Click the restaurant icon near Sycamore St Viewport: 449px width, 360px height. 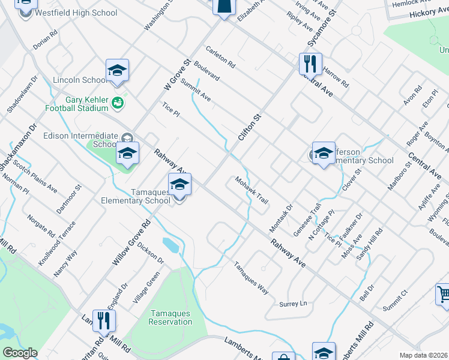(310, 62)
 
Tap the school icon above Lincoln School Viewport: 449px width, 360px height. (118, 70)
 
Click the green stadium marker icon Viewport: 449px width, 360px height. (118, 103)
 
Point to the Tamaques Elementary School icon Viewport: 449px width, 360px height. (179, 184)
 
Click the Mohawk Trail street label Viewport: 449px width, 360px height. (252, 190)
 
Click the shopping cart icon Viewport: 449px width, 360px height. (444, 295)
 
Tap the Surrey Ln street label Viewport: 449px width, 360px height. (293, 304)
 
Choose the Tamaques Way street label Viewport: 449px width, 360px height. (251, 277)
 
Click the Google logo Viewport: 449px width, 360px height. (20, 353)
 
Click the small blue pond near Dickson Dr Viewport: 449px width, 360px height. (170, 245)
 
